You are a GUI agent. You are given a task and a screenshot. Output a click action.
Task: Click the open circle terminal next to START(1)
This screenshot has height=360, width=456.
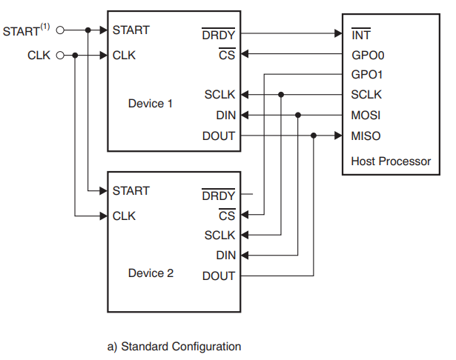[x=61, y=30]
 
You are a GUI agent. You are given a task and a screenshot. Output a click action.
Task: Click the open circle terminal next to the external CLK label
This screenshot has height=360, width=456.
[x=61, y=55]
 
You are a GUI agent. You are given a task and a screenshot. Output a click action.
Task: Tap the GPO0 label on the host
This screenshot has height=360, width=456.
[x=367, y=55]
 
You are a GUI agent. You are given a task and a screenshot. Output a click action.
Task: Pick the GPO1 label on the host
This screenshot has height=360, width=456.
[x=367, y=75]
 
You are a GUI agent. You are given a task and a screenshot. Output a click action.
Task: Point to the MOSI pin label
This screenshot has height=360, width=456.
[x=366, y=116]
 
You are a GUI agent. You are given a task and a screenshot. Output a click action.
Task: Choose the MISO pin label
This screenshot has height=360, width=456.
[x=366, y=136]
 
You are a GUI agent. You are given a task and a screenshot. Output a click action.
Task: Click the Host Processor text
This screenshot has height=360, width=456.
[x=391, y=161]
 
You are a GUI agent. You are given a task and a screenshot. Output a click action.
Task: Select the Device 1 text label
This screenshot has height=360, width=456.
[x=151, y=103]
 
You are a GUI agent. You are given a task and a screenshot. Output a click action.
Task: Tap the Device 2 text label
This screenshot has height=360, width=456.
[x=151, y=273]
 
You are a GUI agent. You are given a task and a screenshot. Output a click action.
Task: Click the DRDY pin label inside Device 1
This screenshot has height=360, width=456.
[x=219, y=34]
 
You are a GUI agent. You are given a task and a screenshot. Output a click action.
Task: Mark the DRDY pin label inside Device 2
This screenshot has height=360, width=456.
[x=219, y=196]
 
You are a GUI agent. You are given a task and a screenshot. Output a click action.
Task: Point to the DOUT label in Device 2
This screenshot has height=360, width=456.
[x=219, y=276]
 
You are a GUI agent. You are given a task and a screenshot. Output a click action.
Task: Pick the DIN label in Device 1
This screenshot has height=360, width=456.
[x=225, y=116]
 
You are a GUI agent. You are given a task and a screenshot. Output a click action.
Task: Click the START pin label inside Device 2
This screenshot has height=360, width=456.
[x=130, y=190]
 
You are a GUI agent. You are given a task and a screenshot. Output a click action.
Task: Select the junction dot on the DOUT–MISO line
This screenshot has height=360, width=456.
[x=314, y=136]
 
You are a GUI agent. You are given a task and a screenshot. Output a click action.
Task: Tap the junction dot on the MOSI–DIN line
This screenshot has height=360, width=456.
[x=298, y=115]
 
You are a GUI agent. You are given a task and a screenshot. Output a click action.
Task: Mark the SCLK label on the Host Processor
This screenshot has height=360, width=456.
[x=366, y=95]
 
